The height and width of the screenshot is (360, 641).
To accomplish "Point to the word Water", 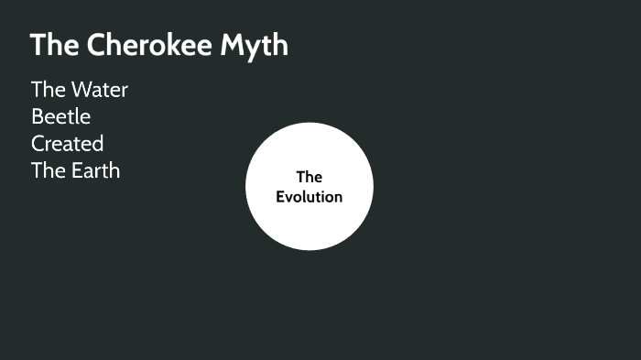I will tap(101, 90).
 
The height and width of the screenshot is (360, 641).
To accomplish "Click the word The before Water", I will tap(48, 90).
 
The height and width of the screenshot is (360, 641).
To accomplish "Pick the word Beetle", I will tap(60, 116).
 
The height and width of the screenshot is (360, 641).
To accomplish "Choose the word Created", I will tap(67, 144).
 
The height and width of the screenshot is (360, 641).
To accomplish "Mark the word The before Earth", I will tap(48, 170).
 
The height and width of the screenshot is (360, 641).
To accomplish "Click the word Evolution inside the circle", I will tap(310, 197).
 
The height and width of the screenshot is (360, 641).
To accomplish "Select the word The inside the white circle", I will tap(310, 177).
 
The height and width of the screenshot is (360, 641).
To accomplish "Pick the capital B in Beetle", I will tap(38, 116).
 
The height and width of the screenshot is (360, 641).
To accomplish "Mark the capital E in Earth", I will tap(76, 170).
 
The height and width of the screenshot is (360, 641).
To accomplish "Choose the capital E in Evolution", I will tap(280, 197).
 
